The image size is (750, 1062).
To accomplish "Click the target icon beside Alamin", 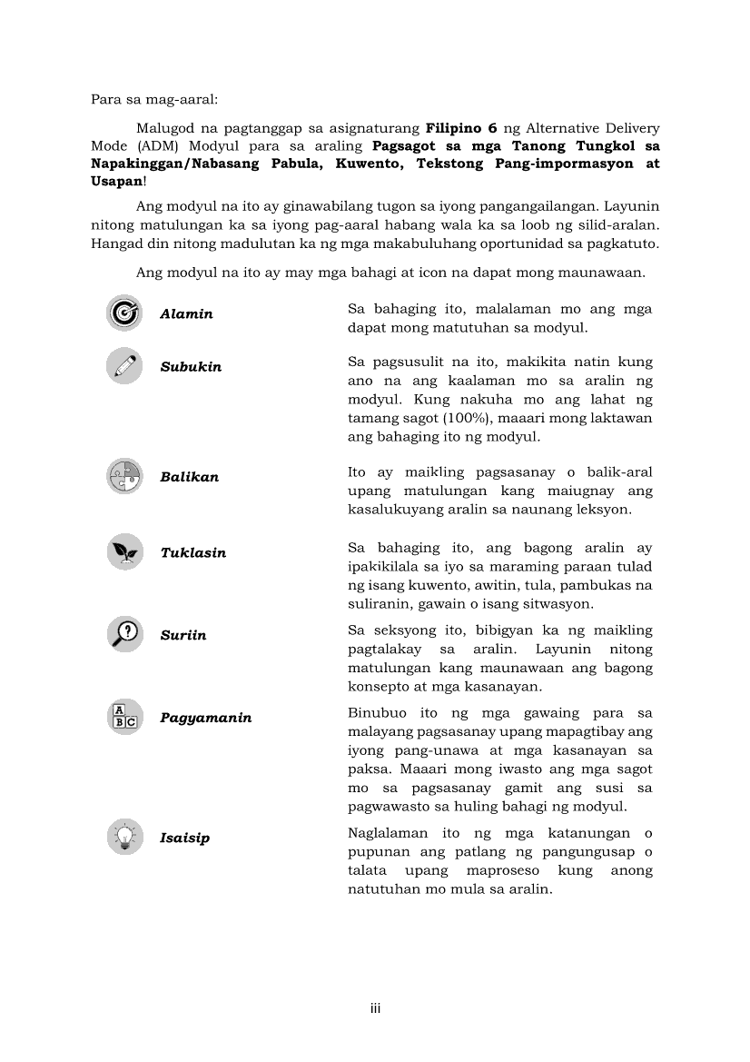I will tap(124, 313).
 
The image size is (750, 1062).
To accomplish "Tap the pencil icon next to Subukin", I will tap(124, 365).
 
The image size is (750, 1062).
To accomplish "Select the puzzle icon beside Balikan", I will tap(124, 476).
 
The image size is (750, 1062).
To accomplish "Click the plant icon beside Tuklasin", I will tap(124, 551).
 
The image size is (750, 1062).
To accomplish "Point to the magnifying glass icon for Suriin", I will tap(124, 633).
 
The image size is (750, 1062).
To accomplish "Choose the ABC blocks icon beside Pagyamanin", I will tap(124, 717).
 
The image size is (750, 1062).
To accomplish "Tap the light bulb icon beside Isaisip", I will tap(124, 837).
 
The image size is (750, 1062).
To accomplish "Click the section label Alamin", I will tap(186, 314).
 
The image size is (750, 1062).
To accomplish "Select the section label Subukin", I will tap(191, 367).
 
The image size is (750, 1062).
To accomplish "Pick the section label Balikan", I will tap(189, 477).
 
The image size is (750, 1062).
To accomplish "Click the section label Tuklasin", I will tap(192, 552).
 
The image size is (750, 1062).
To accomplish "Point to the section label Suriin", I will tap(183, 635).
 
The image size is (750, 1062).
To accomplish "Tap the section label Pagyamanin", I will tap(205, 718).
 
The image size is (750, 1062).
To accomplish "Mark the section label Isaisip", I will tap(184, 838).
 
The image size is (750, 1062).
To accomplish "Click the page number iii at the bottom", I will tap(374, 1008).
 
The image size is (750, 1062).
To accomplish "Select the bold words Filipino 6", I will tap(460, 128).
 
